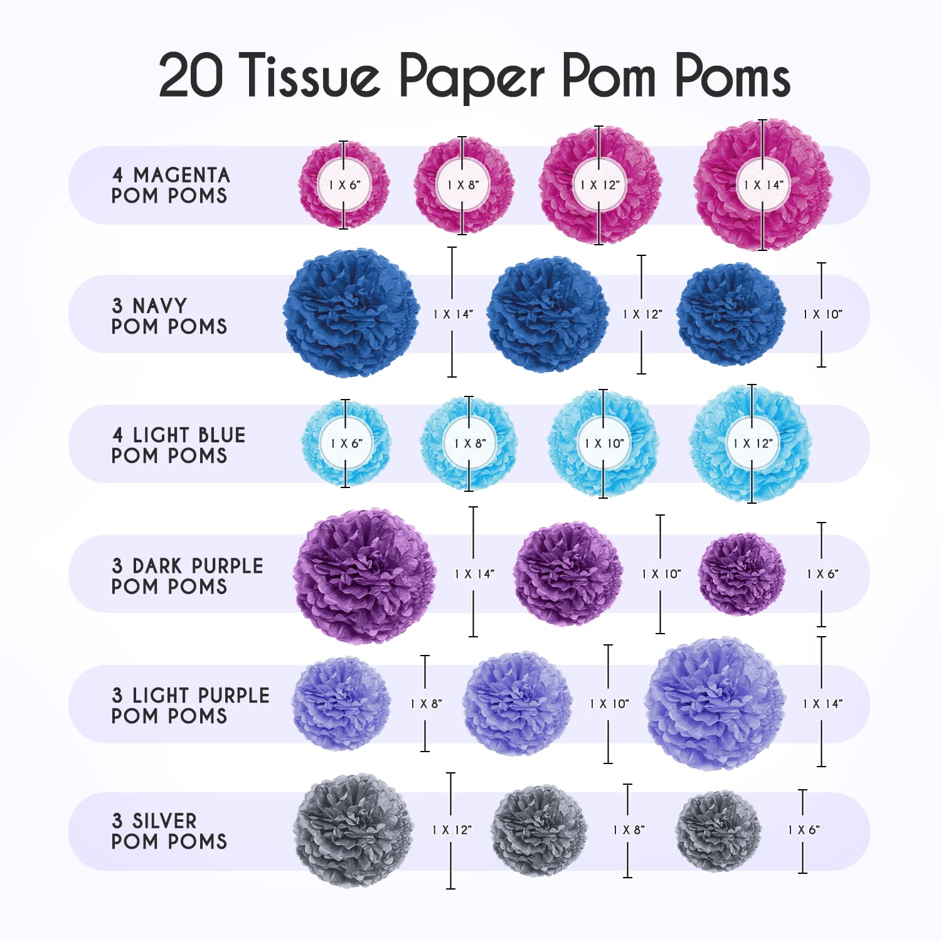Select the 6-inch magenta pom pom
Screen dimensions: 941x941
344,185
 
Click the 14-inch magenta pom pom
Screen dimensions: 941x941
763,185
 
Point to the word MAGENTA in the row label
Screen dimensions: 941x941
181,174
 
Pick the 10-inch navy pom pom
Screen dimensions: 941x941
731,314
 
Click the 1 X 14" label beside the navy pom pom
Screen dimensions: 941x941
453,314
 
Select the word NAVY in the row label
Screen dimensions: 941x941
159,306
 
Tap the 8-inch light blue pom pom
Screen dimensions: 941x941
469,444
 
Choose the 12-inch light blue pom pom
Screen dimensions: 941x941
752,444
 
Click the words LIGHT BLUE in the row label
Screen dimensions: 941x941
189,435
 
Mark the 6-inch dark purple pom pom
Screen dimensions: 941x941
742,574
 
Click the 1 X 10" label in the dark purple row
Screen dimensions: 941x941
661,574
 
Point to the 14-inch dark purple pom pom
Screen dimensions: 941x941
365,576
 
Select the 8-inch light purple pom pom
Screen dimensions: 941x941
341,704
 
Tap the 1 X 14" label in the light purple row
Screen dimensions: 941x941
822,704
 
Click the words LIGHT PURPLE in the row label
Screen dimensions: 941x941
201,695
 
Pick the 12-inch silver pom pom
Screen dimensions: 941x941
353,830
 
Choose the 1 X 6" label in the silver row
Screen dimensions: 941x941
804,830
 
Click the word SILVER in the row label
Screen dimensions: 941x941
164,821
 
